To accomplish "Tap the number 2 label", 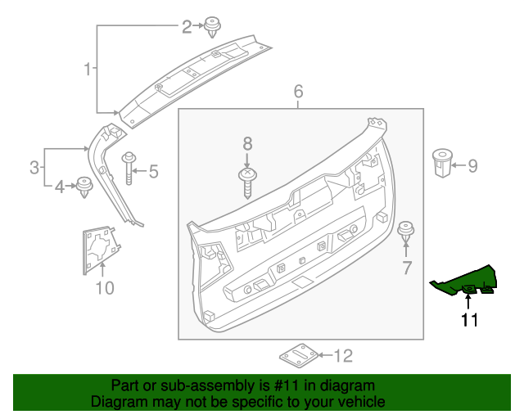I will pyautogui.click(x=187, y=27).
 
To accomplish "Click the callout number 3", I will pyautogui.click(x=34, y=169).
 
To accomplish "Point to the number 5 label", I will pyautogui.click(x=152, y=171).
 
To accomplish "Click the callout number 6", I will pyautogui.click(x=298, y=91).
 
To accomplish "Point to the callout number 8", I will pyautogui.click(x=247, y=144).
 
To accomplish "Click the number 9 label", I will pyautogui.click(x=472, y=166).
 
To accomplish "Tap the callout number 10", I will pyautogui.click(x=105, y=287).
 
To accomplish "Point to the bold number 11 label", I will pyautogui.click(x=468, y=320).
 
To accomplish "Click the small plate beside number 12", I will pyautogui.click(x=299, y=356).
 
